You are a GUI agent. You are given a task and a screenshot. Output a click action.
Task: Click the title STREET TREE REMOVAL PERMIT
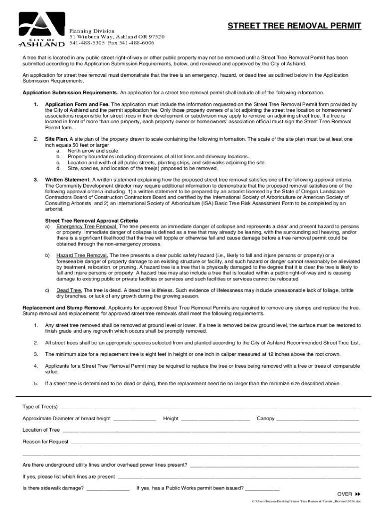[295, 26]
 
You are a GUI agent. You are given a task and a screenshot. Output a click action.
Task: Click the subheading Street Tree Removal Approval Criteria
[91, 220]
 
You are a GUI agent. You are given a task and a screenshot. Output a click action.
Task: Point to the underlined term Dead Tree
[69, 290]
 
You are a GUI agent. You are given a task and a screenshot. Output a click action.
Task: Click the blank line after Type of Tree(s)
[209, 407]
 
